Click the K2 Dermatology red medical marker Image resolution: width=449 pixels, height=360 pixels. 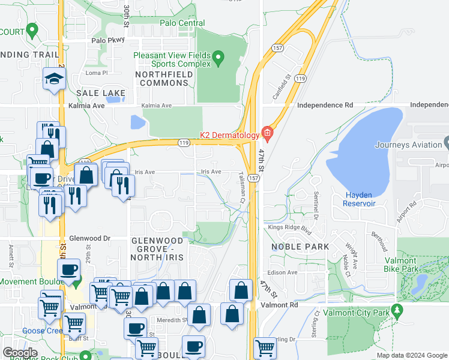pyautogui.click(x=268, y=134)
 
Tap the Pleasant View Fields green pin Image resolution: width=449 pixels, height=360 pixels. pyautogui.click(x=218, y=59)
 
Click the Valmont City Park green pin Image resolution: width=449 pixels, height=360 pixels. pyautogui.click(x=396, y=311)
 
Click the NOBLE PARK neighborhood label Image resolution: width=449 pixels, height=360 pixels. pyautogui.click(x=300, y=247)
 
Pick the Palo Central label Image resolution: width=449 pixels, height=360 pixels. pyautogui.click(x=182, y=23)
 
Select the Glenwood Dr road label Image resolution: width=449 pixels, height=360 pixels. pyautogui.click(x=90, y=238)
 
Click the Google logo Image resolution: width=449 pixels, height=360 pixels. pyautogui.click(x=20, y=353)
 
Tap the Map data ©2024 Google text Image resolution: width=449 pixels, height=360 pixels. pyautogui.click(x=411, y=355)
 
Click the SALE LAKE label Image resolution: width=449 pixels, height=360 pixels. pyautogui.click(x=101, y=93)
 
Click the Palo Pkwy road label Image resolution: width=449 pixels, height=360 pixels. pyautogui.click(x=107, y=41)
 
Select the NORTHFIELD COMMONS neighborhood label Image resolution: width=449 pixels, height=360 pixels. pyautogui.click(x=164, y=79)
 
